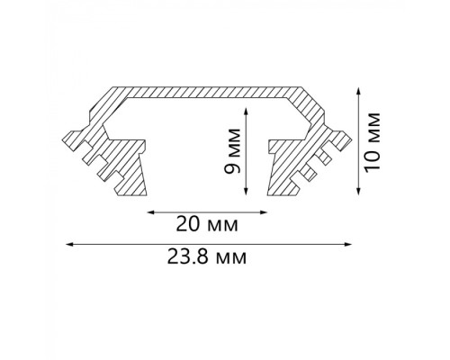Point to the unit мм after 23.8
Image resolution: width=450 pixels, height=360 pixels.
tap(231, 256)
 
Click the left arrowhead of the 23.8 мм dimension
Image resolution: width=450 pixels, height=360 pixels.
tap(71, 244)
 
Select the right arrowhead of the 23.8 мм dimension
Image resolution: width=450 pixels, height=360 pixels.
tap(346, 244)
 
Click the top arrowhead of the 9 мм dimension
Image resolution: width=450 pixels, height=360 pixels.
tap(246, 104)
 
